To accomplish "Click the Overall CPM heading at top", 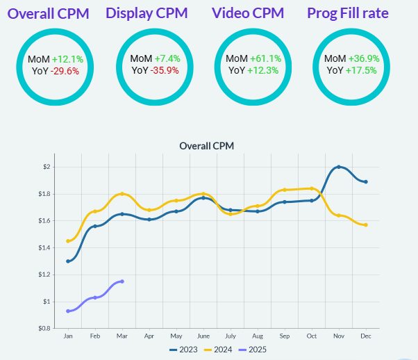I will point(48,14).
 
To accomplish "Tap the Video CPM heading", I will point(248,14).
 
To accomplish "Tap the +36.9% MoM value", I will point(363,59).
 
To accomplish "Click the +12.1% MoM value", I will point(66,59).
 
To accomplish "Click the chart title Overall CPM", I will point(207,146).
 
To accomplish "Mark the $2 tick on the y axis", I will point(47,167).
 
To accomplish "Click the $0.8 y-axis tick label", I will point(44,328).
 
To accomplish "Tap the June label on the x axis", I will point(203,336).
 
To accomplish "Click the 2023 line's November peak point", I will point(339,167).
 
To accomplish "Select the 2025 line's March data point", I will point(122,281).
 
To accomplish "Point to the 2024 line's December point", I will point(366,225).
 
